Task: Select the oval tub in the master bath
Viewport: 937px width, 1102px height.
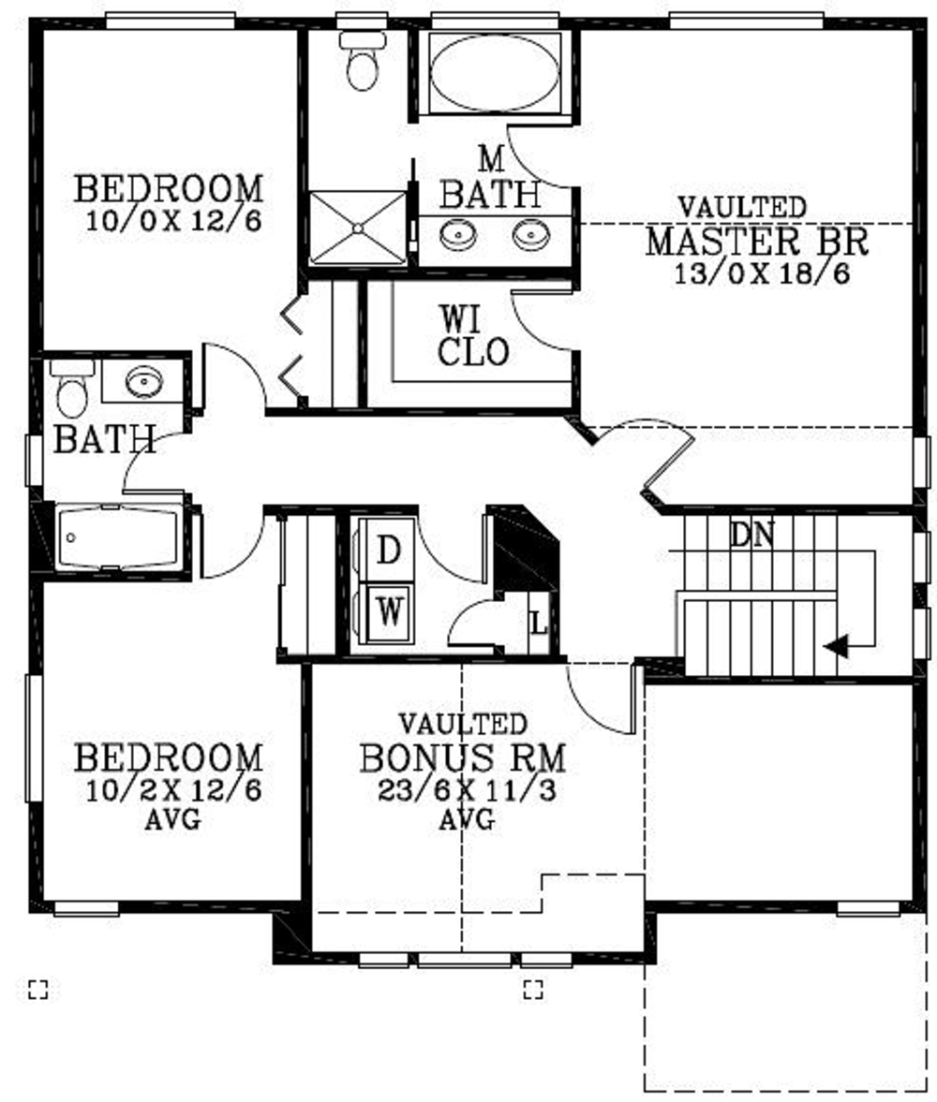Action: [x=494, y=73]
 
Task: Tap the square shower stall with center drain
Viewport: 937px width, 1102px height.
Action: [x=357, y=228]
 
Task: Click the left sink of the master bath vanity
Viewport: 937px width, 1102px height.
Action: [x=460, y=233]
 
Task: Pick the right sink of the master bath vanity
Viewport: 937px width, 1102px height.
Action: [x=530, y=233]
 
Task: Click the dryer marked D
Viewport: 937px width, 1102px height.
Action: [x=387, y=551]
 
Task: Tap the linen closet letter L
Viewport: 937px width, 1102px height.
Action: [x=539, y=621]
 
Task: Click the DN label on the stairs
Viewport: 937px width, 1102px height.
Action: [x=752, y=536]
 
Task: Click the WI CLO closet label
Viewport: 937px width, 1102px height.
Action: [x=473, y=336]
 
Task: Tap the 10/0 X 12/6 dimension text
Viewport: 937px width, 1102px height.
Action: [x=172, y=221]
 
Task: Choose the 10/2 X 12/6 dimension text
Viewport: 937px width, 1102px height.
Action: [x=173, y=790]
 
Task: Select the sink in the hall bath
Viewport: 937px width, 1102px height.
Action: [x=143, y=381]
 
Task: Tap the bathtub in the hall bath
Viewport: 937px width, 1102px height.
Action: [x=117, y=537]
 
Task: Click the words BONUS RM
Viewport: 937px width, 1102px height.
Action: [x=462, y=757]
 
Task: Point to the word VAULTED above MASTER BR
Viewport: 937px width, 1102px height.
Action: [x=741, y=206]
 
